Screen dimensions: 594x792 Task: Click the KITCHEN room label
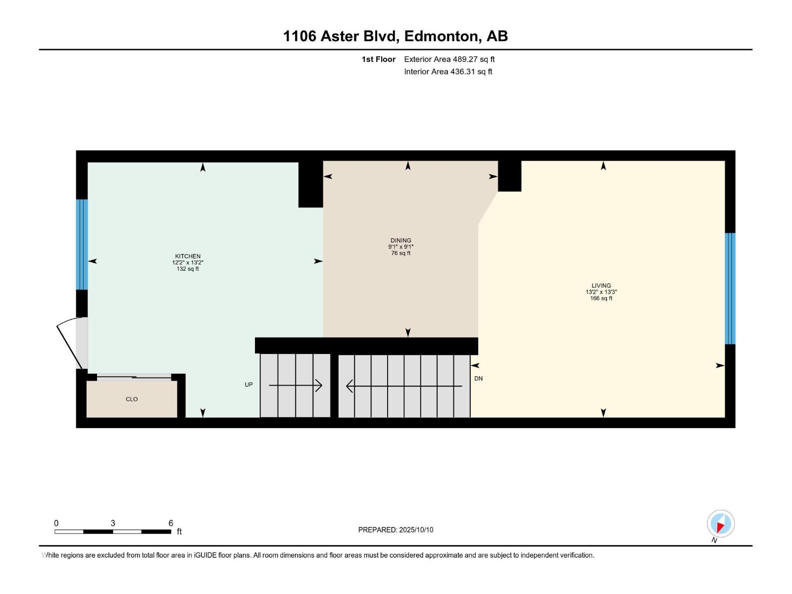pyautogui.click(x=188, y=256)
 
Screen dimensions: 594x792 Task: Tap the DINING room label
pyautogui.click(x=400, y=241)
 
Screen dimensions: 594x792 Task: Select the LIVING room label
pyautogui.click(x=601, y=286)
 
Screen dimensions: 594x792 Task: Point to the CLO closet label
pyautogui.click(x=132, y=399)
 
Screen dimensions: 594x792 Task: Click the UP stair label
pyautogui.click(x=248, y=385)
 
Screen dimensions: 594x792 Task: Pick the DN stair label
pyautogui.click(x=478, y=379)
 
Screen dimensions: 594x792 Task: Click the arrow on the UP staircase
pyautogui.click(x=296, y=386)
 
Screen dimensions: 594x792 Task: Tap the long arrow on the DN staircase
pyautogui.click(x=404, y=386)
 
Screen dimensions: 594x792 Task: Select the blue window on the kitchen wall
pyautogui.click(x=82, y=244)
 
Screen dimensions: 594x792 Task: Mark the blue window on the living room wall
pyautogui.click(x=730, y=288)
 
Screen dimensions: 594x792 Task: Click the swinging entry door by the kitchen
pyautogui.click(x=69, y=344)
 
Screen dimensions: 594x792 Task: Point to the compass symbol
pyautogui.click(x=720, y=524)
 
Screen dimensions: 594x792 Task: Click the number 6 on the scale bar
pyautogui.click(x=171, y=523)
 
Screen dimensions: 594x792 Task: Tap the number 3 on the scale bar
pyautogui.click(x=113, y=523)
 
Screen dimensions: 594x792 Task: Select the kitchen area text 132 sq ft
pyautogui.click(x=188, y=269)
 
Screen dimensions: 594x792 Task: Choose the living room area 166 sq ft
pyautogui.click(x=601, y=298)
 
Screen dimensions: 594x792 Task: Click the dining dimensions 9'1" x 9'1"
pyautogui.click(x=400, y=247)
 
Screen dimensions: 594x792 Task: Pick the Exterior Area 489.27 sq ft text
pyautogui.click(x=449, y=59)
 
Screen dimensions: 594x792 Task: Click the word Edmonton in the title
pyautogui.click(x=442, y=36)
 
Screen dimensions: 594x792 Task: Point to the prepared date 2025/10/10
pyautogui.click(x=416, y=530)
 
